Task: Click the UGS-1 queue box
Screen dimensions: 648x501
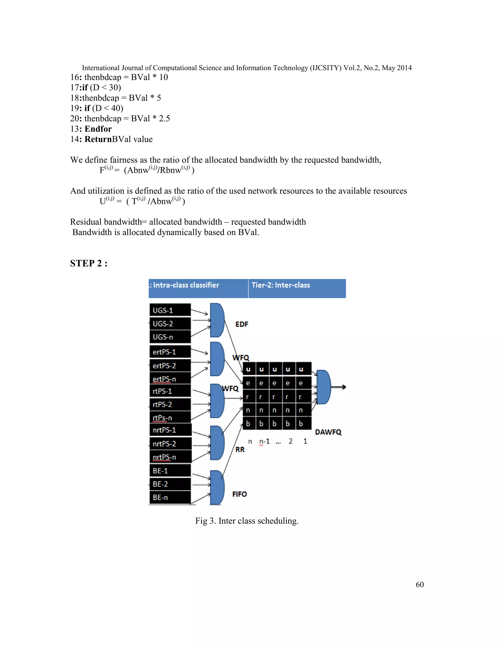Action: pyautogui.click(x=170, y=310)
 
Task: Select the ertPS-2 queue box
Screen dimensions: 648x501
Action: pyautogui.click(x=170, y=366)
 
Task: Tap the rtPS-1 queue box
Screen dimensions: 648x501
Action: pyautogui.click(x=170, y=391)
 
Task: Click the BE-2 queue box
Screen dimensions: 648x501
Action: pyautogui.click(x=170, y=484)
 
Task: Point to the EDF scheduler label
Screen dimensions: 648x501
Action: pyautogui.click(x=242, y=324)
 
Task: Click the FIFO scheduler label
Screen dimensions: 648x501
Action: pyautogui.click(x=239, y=494)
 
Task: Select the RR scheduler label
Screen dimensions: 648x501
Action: pyautogui.click(x=240, y=449)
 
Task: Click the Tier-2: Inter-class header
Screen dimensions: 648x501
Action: pyautogui.click(x=281, y=285)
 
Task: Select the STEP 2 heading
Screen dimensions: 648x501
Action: pyautogui.click(x=89, y=263)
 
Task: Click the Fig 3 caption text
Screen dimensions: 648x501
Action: pyautogui.click(x=247, y=521)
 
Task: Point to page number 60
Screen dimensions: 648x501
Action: pyautogui.click(x=419, y=584)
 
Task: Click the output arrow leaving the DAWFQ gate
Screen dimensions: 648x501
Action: pyautogui.click(x=339, y=387)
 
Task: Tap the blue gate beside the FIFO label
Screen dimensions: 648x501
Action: pyautogui.click(x=217, y=487)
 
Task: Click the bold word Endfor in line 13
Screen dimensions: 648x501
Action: pyautogui.click(x=98, y=129)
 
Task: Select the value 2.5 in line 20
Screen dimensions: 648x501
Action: pyautogui.click(x=164, y=118)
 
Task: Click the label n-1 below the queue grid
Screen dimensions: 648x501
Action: pyautogui.click(x=264, y=441)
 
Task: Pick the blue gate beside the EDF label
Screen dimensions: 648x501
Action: pyautogui.click(x=217, y=320)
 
